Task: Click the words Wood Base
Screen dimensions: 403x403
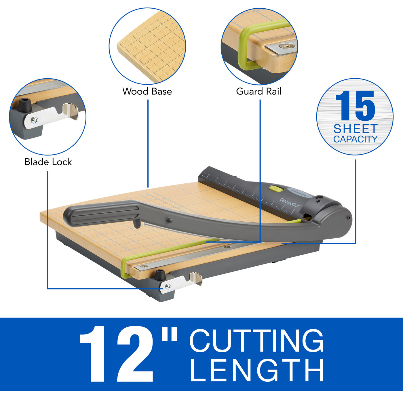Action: (x=147, y=91)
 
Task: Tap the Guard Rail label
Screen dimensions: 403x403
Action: (x=258, y=91)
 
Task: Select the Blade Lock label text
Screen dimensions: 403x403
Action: (x=48, y=162)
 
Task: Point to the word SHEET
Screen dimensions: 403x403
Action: (x=355, y=128)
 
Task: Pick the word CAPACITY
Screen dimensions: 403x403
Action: (x=355, y=139)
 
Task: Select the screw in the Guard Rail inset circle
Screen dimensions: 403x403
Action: (x=286, y=46)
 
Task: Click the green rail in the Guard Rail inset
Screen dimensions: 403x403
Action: (x=245, y=46)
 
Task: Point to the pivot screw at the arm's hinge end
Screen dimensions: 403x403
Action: (x=349, y=218)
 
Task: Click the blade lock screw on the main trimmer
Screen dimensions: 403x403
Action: (x=168, y=286)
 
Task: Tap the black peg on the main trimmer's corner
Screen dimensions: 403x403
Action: (x=159, y=275)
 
